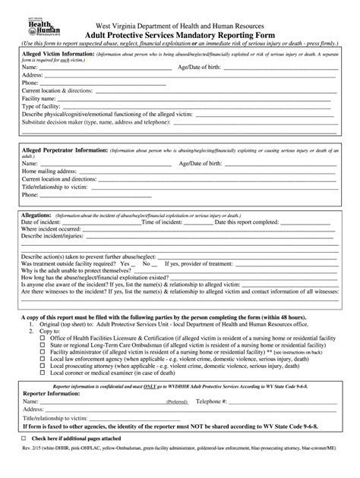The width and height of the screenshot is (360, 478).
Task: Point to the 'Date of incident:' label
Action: (44, 222)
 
